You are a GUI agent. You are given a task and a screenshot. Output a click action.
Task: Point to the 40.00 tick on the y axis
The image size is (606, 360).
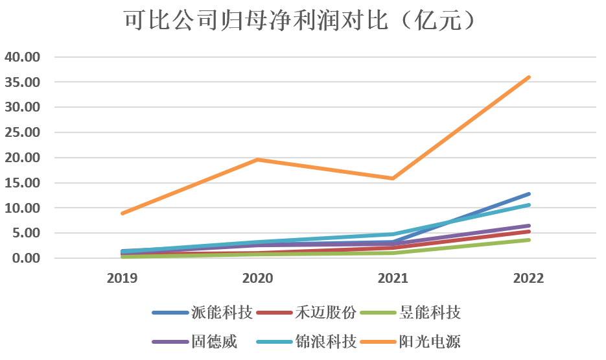point(23,57)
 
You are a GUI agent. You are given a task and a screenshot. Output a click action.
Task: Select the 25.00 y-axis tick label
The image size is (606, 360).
point(23,132)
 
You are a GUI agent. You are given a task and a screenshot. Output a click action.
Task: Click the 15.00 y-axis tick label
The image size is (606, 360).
point(23,183)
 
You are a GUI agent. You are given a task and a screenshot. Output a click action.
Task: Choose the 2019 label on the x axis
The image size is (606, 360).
point(122,279)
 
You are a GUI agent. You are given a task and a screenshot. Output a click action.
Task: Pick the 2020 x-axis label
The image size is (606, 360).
point(258,279)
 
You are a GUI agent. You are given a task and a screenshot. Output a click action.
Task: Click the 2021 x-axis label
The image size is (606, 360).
point(393,279)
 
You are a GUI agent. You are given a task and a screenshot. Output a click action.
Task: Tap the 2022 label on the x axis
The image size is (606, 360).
point(529,279)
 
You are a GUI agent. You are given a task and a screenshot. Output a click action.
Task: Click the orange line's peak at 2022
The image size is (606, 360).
point(529,77)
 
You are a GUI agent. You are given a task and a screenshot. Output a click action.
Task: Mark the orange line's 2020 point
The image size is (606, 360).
point(258,160)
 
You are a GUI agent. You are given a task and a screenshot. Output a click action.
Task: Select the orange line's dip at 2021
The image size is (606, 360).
point(393,178)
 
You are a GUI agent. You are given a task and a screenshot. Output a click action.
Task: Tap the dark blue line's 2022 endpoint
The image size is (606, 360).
point(529,194)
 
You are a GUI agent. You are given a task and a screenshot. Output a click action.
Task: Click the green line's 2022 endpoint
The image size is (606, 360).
point(529,240)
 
